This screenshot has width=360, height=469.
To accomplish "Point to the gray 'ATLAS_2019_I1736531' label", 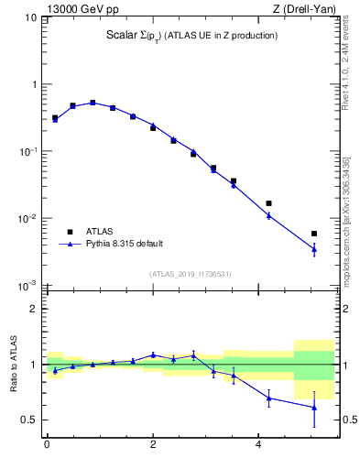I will click(190, 274).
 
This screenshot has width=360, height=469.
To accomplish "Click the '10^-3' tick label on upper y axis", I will click(27, 286).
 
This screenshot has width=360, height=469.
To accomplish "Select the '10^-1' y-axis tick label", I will click(27, 152).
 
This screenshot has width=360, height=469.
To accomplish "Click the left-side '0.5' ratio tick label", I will click(29, 420).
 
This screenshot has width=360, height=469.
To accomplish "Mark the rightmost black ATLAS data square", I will click(314, 234).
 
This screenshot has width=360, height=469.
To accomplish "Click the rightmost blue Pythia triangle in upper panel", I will click(314, 248).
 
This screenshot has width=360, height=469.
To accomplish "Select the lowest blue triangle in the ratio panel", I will click(314, 408).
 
